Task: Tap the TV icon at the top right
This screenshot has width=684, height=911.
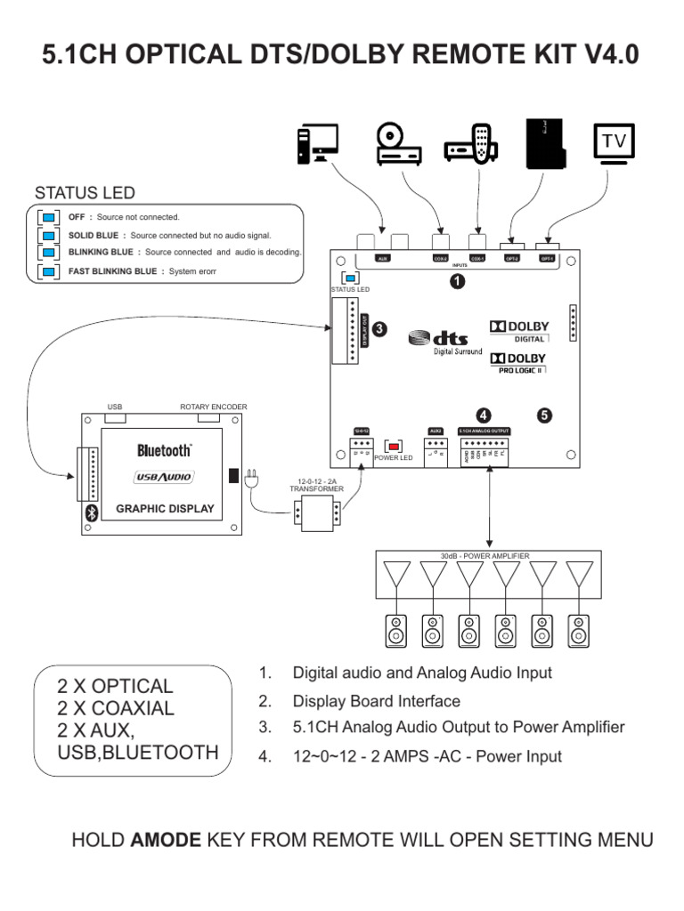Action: click(613, 144)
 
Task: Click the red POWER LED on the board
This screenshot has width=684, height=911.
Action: click(393, 445)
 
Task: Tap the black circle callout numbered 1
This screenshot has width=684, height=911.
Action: click(457, 281)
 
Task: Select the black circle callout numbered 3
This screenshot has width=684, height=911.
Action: click(379, 328)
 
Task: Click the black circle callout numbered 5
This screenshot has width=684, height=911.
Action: click(544, 415)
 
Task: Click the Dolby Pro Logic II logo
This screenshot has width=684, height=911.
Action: click(518, 363)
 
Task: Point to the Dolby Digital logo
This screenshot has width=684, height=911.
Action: click(519, 330)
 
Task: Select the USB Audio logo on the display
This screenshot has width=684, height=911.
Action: click(164, 478)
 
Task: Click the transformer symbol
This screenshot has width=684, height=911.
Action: click(317, 513)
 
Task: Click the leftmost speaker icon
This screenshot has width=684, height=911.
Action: click(395, 630)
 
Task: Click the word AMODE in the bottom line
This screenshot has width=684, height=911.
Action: click(167, 839)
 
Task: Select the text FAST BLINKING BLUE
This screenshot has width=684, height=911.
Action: click(112, 270)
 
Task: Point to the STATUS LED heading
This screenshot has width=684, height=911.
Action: click(85, 193)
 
